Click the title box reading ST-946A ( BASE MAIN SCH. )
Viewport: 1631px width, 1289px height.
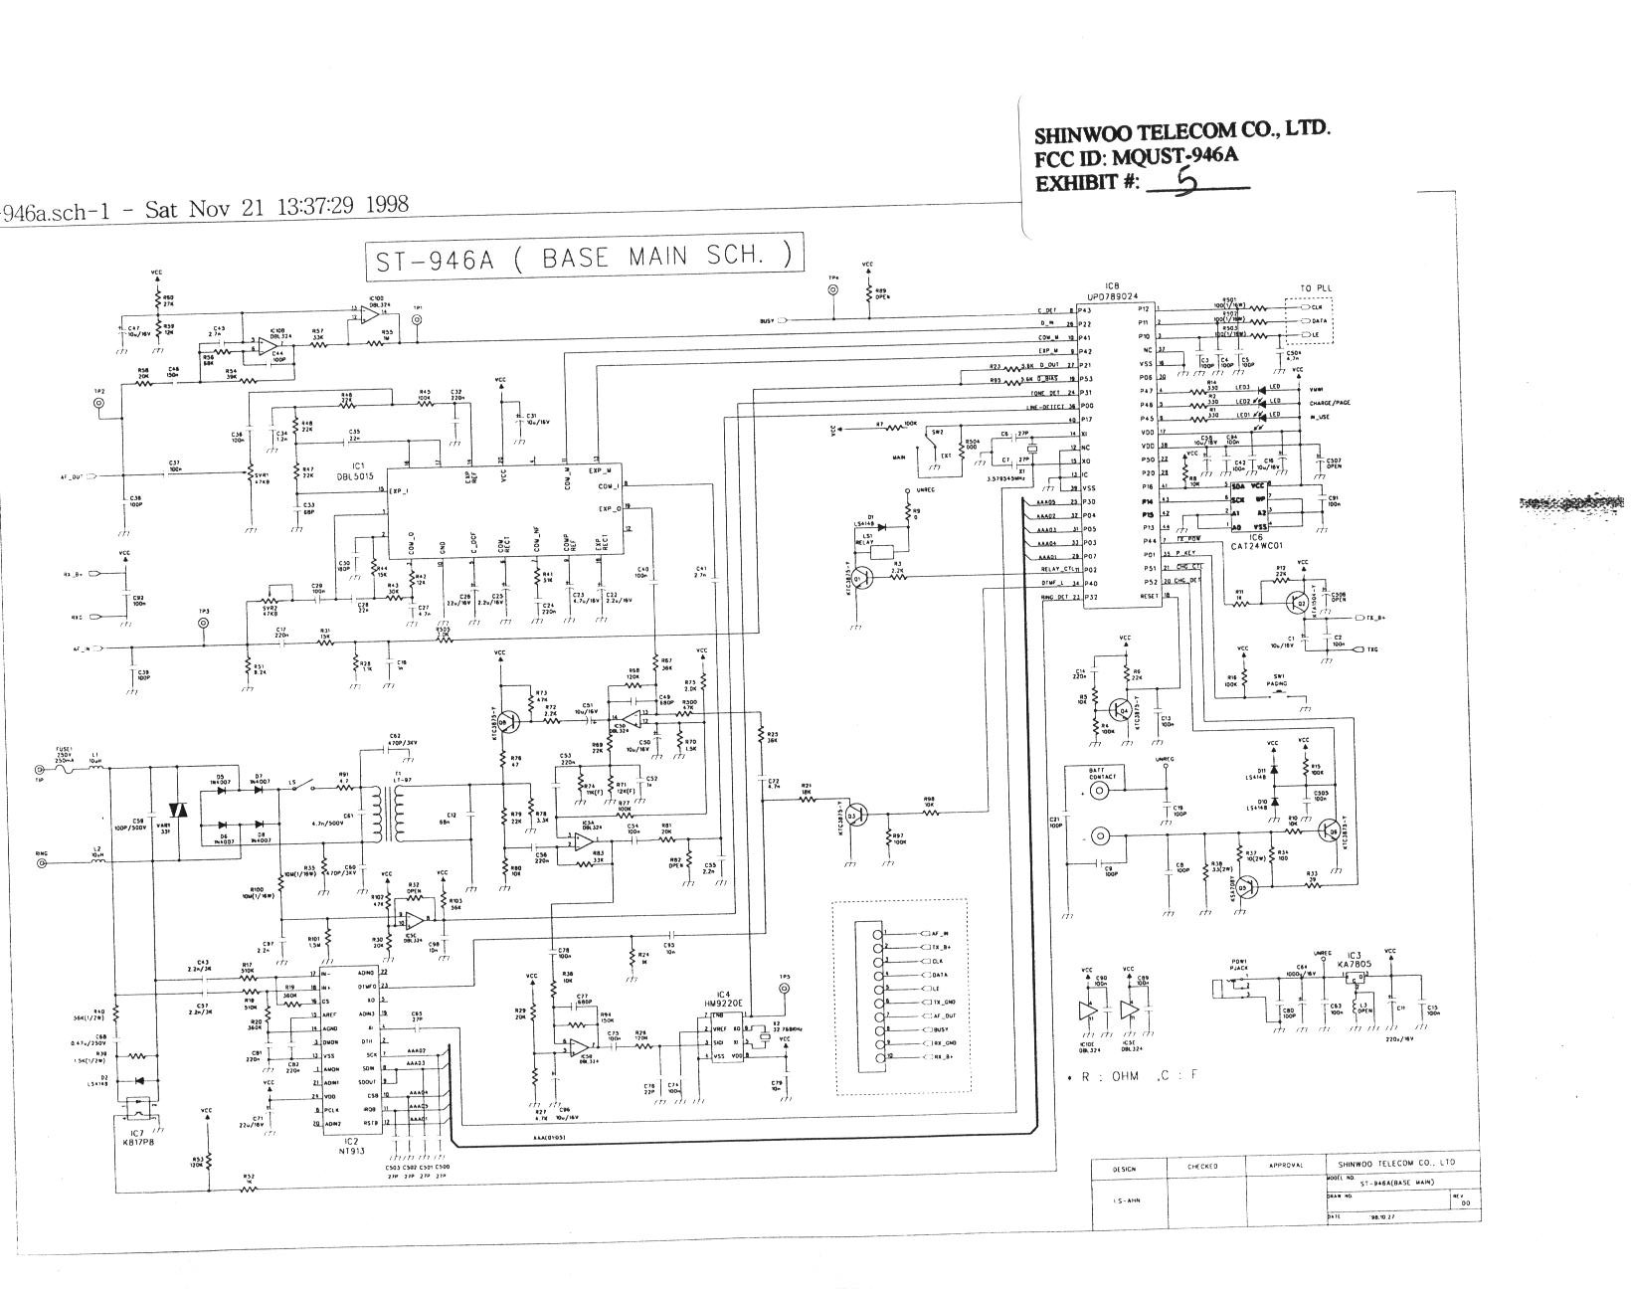click(583, 257)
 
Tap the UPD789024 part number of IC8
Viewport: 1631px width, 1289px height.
click(1113, 295)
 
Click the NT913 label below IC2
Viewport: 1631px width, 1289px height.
click(350, 1147)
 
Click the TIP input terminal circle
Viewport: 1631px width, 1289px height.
click(41, 769)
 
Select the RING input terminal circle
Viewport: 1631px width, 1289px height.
click(41, 863)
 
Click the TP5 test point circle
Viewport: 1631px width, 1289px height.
click(785, 991)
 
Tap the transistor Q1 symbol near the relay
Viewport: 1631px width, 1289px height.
click(861, 576)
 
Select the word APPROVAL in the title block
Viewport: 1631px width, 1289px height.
click(1292, 1165)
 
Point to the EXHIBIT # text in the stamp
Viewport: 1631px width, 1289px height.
click(1086, 184)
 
